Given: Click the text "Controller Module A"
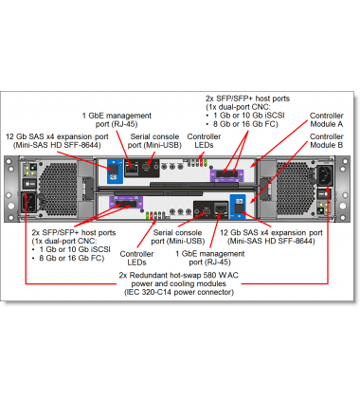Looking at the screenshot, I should coord(327,120).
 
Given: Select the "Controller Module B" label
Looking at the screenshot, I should coord(327,142).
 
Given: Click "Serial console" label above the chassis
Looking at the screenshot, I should coord(156,137).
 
